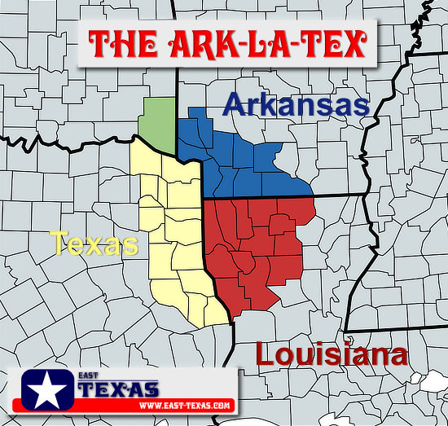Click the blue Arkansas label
(296, 105)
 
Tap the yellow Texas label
(94, 243)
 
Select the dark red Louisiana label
(331, 354)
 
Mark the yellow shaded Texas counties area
(175, 236)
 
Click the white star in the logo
(46, 390)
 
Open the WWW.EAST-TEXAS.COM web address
(186, 405)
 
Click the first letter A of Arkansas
(234, 105)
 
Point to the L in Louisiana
(266, 354)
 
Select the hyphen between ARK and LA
(235, 44)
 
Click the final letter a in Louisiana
(397, 356)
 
